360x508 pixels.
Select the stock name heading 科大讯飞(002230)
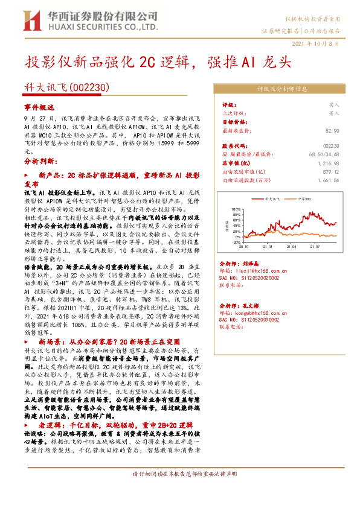[x=66, y=87]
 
